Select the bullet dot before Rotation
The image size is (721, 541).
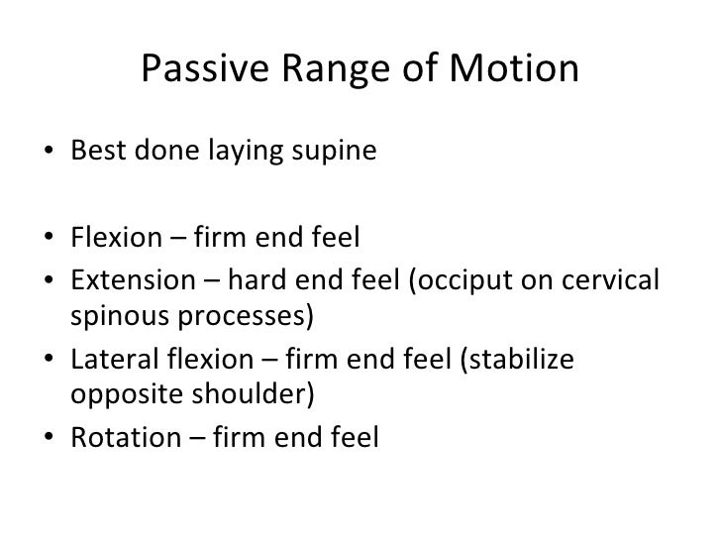pos(49,437)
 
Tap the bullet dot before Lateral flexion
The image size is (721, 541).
pos(49,357)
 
